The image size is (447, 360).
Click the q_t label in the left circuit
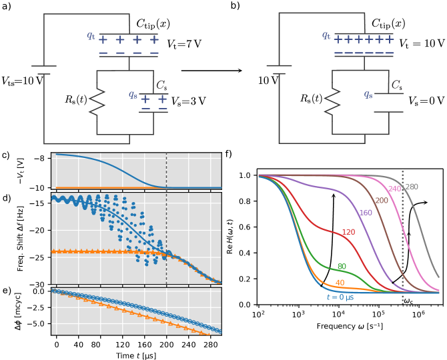(91, 36)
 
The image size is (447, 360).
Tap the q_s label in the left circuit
(133, 95)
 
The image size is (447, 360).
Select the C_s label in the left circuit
(161, 85)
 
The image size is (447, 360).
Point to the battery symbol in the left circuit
(44, 70)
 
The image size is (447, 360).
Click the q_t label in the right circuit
(326, 35)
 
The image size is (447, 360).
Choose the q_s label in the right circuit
(368, 95)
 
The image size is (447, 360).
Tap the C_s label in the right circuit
(396, 85)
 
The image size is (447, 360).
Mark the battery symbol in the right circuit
(279, 69)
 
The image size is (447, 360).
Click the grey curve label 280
(412, 187)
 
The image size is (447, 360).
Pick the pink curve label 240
(395, 189)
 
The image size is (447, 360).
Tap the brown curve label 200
(382, 201)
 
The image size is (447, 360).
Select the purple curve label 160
(366, 213)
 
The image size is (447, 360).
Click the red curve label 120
(348, 233)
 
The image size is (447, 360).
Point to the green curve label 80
(342, 267)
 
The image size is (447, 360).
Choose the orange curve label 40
(340, 283)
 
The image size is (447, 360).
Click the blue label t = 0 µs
(340, 297)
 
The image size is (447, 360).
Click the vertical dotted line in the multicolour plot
(402, 240)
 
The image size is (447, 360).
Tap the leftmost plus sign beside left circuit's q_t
(103, 40)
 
